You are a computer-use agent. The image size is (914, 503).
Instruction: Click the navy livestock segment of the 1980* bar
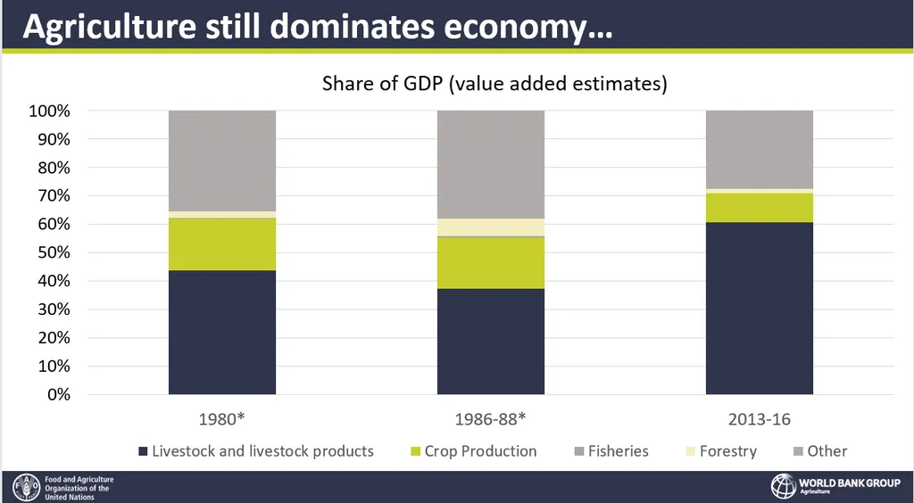[222, 332]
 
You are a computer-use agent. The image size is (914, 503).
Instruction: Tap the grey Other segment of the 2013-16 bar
[759, 149]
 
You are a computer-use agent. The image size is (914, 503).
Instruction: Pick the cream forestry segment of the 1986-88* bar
[490, 227]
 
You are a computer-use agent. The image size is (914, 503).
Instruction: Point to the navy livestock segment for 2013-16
[759, 308]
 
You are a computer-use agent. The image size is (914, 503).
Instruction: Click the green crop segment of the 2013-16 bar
[759, 207]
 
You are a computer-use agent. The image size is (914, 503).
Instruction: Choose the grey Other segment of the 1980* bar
[222, 161]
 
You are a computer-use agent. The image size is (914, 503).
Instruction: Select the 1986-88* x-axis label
[490, 419]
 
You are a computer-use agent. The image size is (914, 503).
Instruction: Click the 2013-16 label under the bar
[759, 419]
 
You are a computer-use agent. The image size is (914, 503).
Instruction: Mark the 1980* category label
[222, 419]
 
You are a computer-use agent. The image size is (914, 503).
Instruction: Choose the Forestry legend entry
[727, 451]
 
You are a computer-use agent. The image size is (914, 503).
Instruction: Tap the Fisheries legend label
[618, 451]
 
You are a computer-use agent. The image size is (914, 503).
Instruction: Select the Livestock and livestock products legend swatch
[142, 451]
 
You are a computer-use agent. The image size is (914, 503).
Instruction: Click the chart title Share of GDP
[494, 84]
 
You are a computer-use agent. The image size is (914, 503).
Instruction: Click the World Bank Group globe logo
[783, 487]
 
